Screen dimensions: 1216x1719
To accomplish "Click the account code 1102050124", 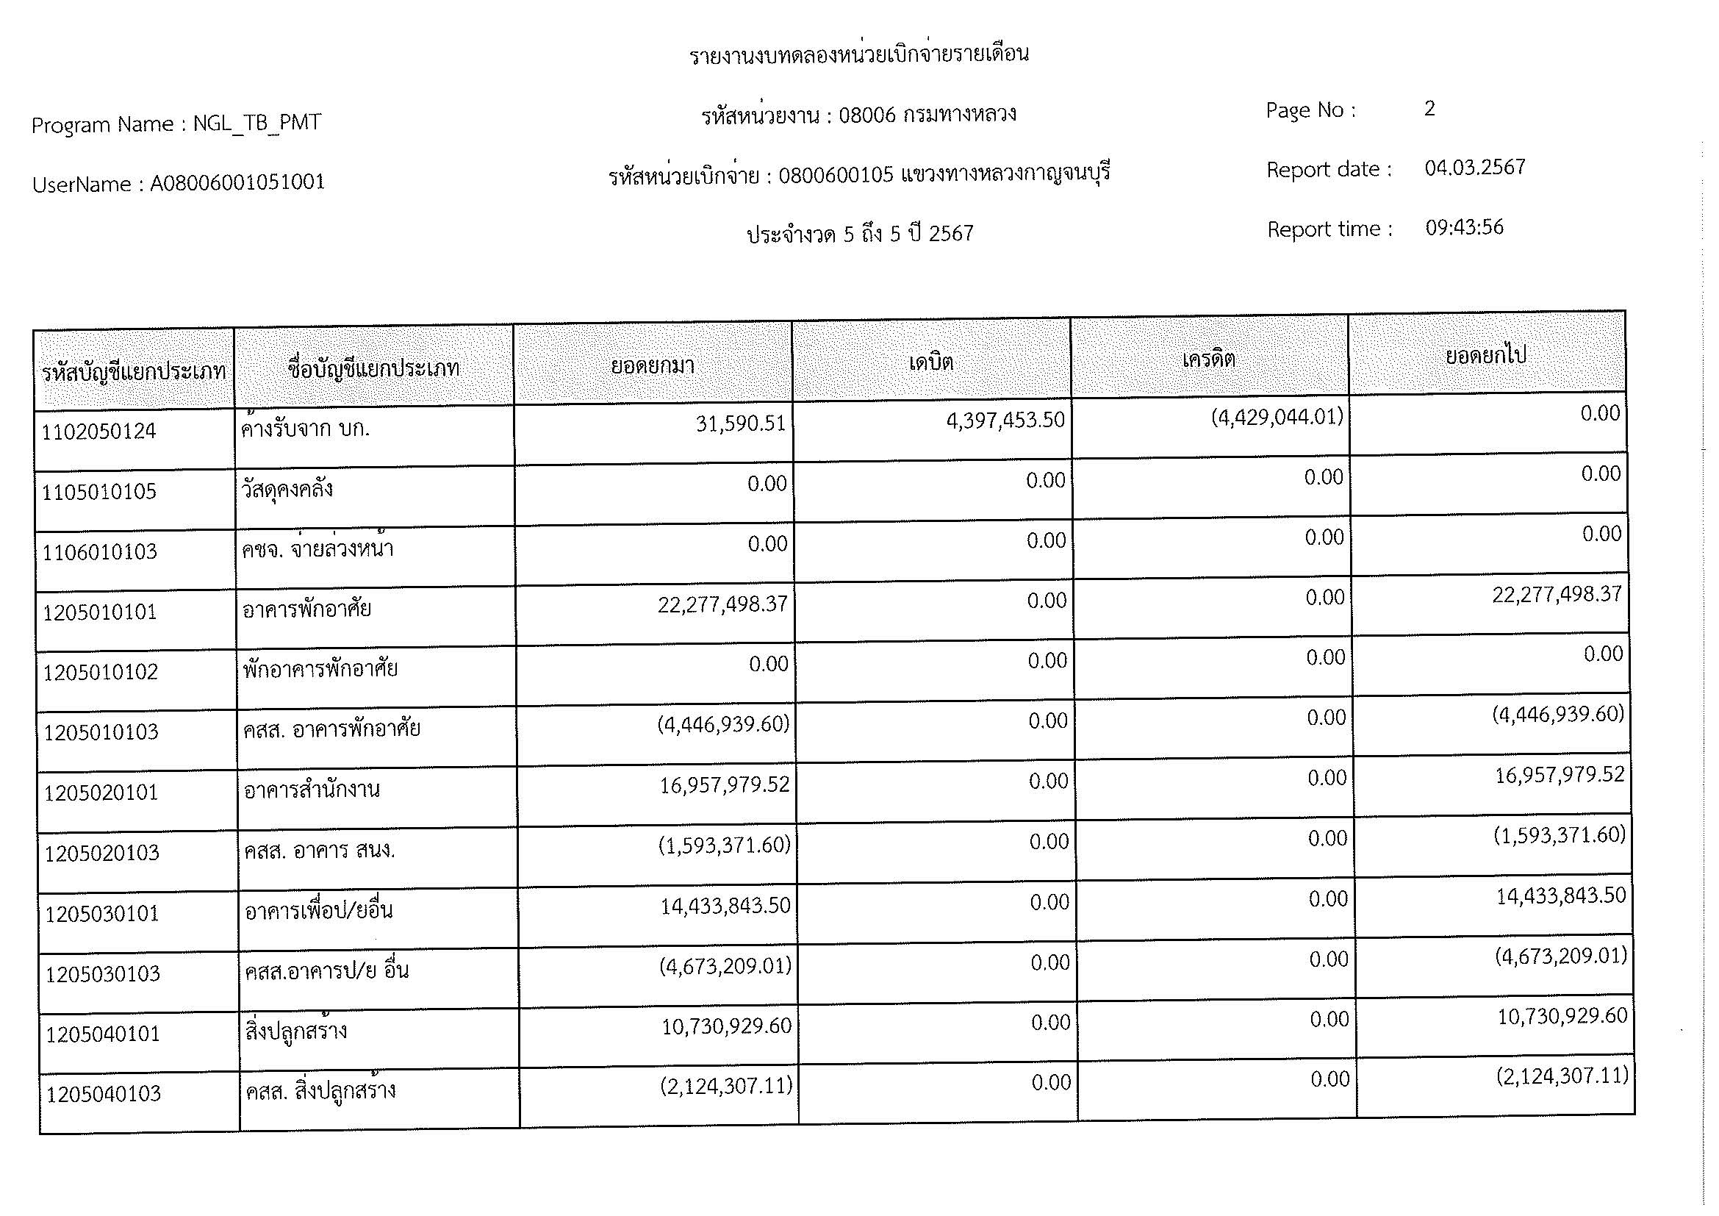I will [x=98, y=432].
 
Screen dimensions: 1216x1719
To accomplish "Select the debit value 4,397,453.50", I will [x=1005, y=420].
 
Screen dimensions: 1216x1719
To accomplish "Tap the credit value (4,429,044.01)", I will [x=1277, y=417].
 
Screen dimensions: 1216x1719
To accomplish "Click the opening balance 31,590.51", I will [x=741, y=423].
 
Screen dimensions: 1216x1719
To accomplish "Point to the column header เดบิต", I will [x=930, y=363].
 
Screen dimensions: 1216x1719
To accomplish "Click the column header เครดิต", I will [x=1208, y=360].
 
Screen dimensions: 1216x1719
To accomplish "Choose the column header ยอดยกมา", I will [x=652, y=366].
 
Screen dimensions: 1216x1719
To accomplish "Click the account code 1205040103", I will [x=104, y=1095].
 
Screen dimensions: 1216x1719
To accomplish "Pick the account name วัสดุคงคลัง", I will [x=287, y=490].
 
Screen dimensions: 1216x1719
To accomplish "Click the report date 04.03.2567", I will [x=1474, y=167].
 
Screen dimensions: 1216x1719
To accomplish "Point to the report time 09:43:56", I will [x=1464, y=228].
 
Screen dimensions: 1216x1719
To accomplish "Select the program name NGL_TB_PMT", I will [x=256, y=123].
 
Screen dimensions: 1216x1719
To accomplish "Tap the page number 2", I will [x=1429, y=109].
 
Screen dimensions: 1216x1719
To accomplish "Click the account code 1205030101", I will [x=102, y=915].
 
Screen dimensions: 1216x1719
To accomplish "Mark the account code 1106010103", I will [x=99, y=552].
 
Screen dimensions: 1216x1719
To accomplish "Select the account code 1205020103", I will [x=101, y=854].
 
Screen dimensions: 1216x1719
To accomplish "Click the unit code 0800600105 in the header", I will [x=836, y=175].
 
